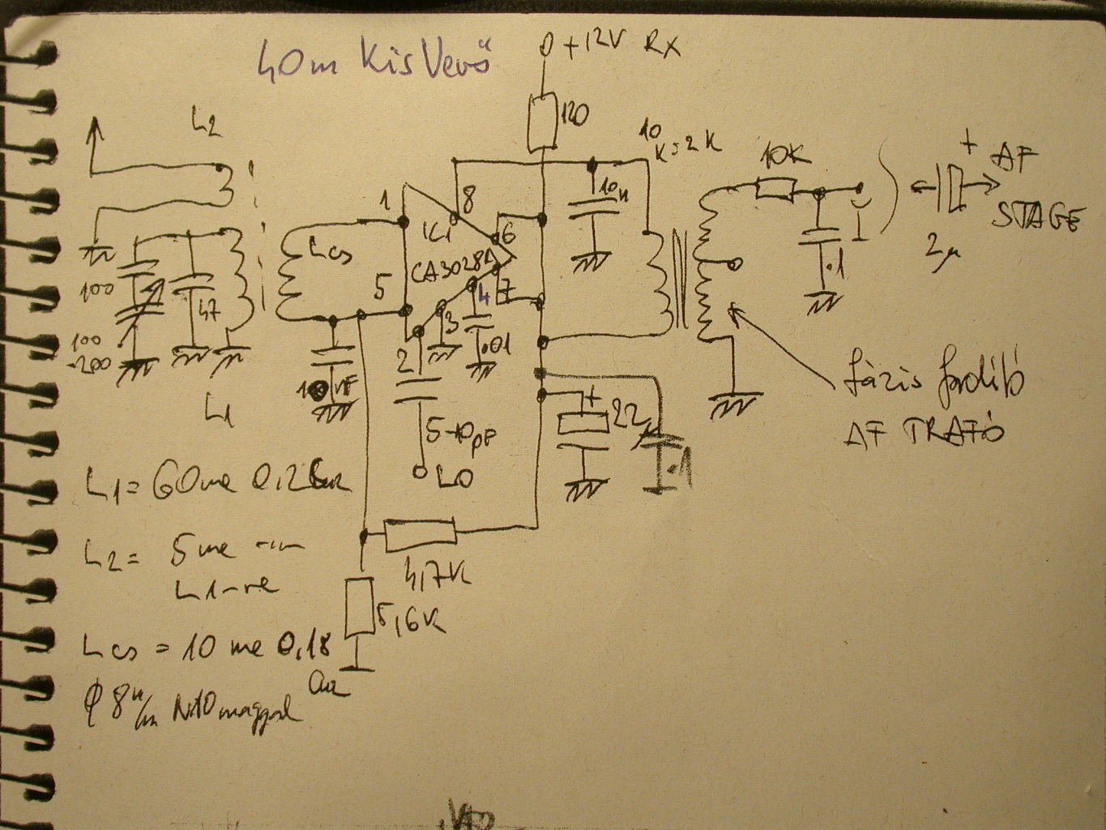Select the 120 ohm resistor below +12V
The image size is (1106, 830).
(542, 122)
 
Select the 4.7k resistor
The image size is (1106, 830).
(420, 534)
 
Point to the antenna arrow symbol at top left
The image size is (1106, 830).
(96, 130)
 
